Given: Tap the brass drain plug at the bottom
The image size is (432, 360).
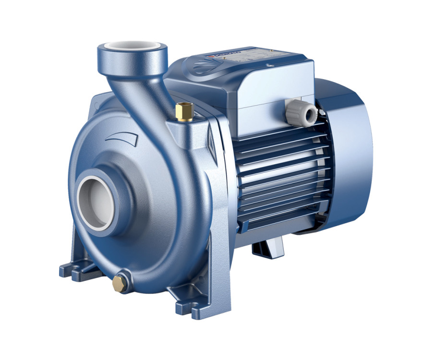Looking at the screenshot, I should pyautogui.click(x=120, y=284).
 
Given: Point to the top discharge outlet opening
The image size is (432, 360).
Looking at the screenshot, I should pyautogui.click(x=132, y=48).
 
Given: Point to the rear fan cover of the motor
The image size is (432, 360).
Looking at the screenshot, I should pyautogui.click(x=350, y=154).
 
